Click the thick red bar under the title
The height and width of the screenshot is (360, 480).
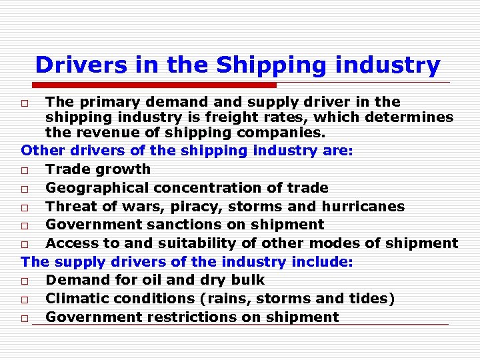tap(153, 85)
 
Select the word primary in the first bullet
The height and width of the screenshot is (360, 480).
tap(109, 102)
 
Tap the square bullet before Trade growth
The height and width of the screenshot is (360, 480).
tap(25, 170)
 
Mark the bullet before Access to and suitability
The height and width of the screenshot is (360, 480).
tap(25, 244)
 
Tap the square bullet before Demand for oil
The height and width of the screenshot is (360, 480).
tap(25, 281)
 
